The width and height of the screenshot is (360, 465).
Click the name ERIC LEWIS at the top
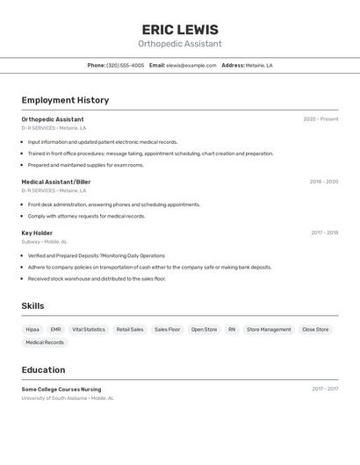pyautogui.click(x=180, y=29)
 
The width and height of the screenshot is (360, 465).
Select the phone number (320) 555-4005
pyautogui.click(x=126, y=65)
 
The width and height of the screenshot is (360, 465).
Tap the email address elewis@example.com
pyautogui.click(x=191, y=65)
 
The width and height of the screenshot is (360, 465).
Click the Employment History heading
pyautogui.click(x=65, y=100)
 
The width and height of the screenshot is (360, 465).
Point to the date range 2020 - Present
pyautogui.click(x=320, y=119)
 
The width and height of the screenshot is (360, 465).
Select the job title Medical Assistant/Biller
pyautogui.click(x=56, y=182)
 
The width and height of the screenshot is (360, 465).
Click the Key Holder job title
pyautogui.click(x=37, y=232)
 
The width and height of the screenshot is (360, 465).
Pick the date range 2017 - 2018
pyautogui.click(x=324, y=232)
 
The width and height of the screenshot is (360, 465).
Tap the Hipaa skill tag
pyautogui.click(x=32, y=329)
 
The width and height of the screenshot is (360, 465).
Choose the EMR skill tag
pyautogui.click(x=55, y=329)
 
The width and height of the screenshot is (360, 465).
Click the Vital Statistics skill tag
pyautogui.click(x=89, y=329)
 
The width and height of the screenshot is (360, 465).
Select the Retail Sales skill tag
pyautogui.click(x=130, y=329)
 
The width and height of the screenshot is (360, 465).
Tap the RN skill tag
pyautogui.click(x=232, y=329)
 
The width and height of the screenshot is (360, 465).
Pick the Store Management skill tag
pyautogui.click(x=269, y=329)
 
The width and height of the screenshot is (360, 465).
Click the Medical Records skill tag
pyautogui.click(x=45, y=342)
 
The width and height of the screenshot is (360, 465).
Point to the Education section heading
pyautogui.click(x=43, y=369)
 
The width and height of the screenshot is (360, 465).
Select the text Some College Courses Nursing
pyautogui.click(x=61, y=389)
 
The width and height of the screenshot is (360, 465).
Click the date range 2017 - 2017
pyautogui.click(x=324, y=389)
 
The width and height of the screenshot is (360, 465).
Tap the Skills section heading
pyautogui.click(x=33, y=305)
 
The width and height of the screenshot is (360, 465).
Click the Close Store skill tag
pyautogui.click(x=315, y=329)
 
